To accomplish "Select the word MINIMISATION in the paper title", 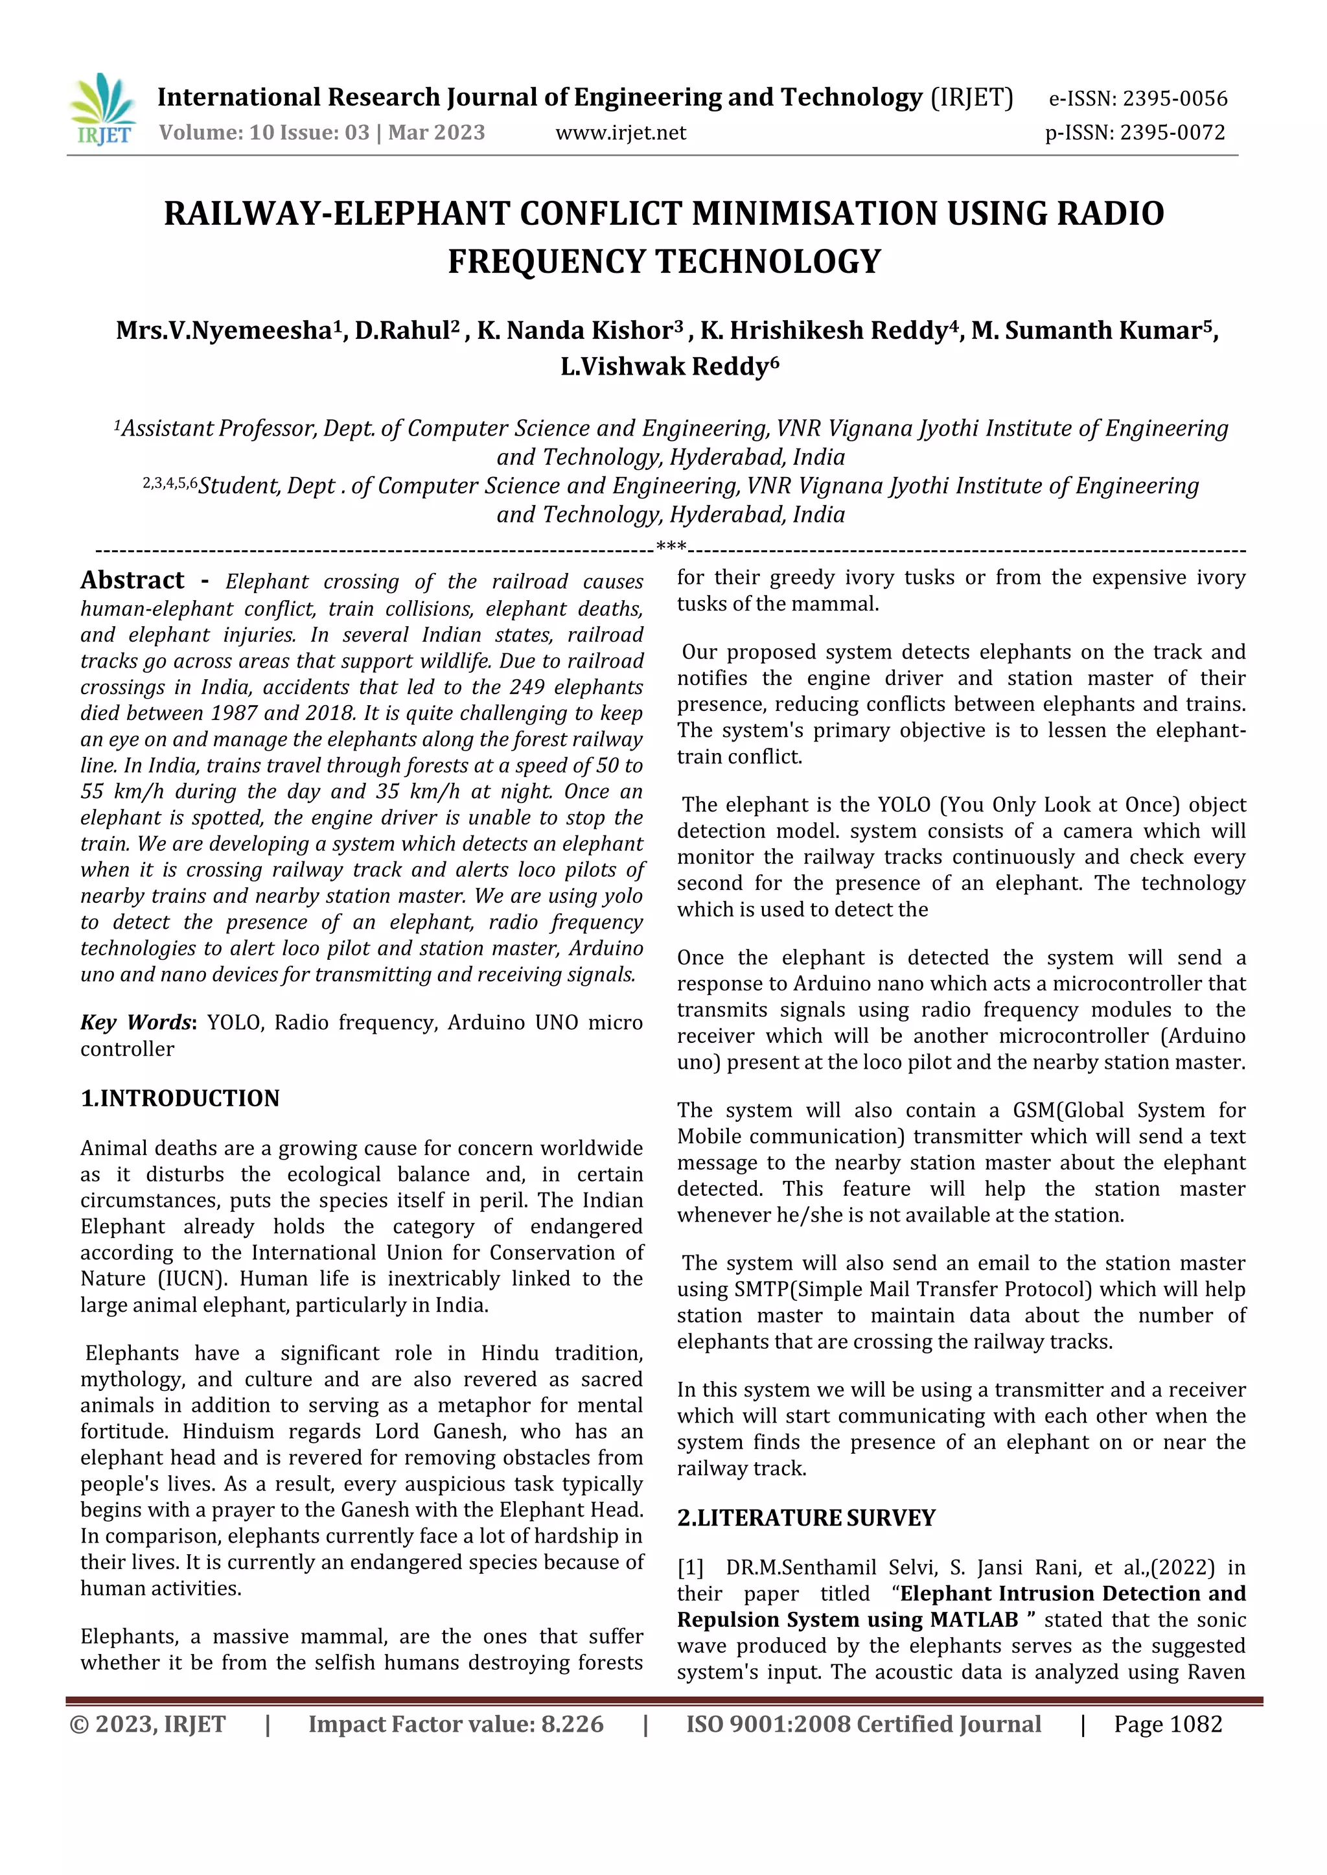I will click(x=813, y=214).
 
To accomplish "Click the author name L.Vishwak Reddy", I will click(x=669, y=367).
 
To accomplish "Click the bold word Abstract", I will click(x=132, y=580).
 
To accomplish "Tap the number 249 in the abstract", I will click(x=528, y=688).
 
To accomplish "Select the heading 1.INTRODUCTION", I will click(x=179, y=1099).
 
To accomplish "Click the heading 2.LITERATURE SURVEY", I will click(x=805, y=1518).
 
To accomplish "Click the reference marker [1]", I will click(x=691, y=1568).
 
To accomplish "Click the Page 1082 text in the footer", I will click(x=1168, y=1725).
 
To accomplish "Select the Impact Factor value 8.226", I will click(x=572, y=1725).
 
